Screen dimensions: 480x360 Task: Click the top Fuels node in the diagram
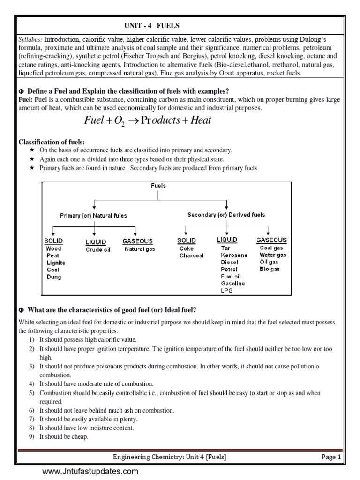(158, 186)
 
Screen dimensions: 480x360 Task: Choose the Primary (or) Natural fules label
(93, 216)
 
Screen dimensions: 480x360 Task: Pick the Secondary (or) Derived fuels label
(226, 215)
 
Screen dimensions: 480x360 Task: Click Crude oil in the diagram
(98, 250)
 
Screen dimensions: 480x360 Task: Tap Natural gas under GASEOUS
(140, 249)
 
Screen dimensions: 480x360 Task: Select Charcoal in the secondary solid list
(191, 256)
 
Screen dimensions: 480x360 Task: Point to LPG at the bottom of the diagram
(227, 291)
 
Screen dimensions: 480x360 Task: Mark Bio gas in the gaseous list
(270, 270)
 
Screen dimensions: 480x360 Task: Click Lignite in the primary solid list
(56, 263)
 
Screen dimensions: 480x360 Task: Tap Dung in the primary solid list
(53, 277)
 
